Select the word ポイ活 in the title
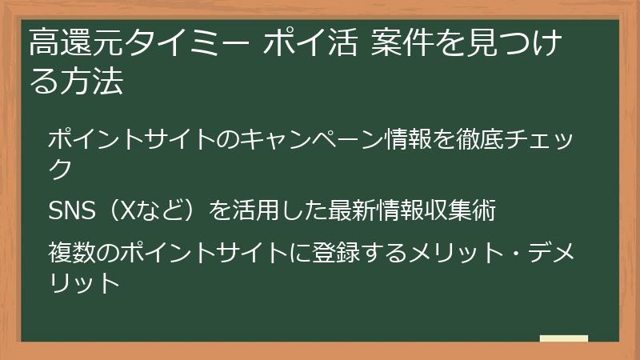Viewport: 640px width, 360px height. pyautogui.click(x=311, y=42)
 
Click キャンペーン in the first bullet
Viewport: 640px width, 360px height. pyautogui.click(x=313, y=138)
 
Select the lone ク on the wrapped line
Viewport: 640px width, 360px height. pyautogui.click(x=61, y=169)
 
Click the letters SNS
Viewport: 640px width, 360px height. pyautogui.click(x=72, y=210)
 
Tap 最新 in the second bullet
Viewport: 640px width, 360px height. pyautogui.click(x=352, y=210)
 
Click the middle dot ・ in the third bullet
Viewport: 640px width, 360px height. pyautogui.click(x=515, y=252)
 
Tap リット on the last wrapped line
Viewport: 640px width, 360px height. pyautogui.click(x=85, y=282)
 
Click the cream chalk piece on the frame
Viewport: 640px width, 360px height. pyautogui.click(x=564, y=338)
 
